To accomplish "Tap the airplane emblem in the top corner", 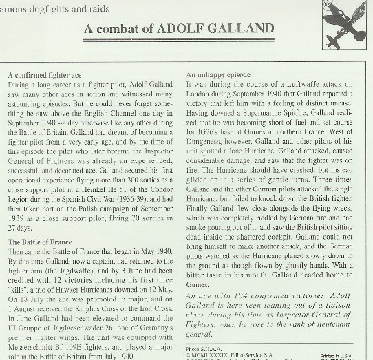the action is (343, 19).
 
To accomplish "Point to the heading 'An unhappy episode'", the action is (218, 74).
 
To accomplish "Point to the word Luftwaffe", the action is (310, 83).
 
